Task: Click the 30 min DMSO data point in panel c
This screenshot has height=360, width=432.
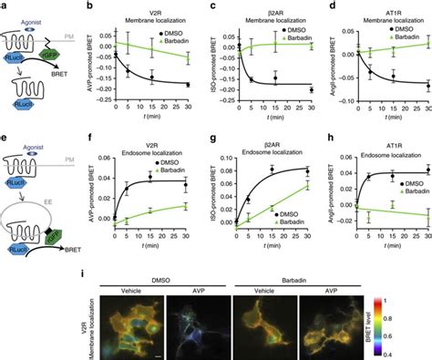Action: (x=310, y=89)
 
